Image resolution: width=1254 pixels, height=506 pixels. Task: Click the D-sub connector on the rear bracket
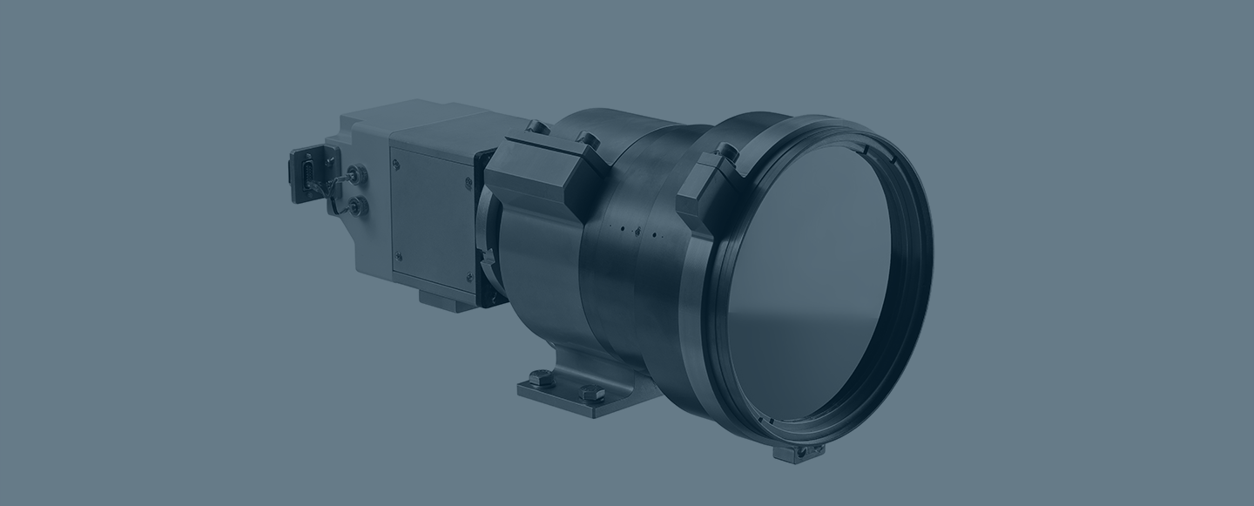pyautogui.click(x=307, y=175)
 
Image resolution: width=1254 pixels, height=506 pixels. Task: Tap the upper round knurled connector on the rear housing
pyautogui.click(x=355, y=175)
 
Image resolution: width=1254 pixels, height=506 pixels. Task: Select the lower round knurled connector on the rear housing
pyautogui.click(x=356, y=206)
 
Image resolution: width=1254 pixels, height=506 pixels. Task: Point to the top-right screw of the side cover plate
pyautogui.click(x=469, y=184)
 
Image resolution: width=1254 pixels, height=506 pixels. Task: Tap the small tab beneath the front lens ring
pyautogui.click(x=798, y=452)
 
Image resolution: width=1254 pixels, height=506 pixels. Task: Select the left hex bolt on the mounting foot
pyautogui.click(x=541, y=378)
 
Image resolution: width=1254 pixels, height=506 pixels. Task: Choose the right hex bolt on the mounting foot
pyautogui.click(x=593, y=393)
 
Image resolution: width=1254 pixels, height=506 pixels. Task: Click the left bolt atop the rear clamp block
pyautogui.click(x=537, y=127)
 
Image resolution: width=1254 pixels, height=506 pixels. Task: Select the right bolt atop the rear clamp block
pyautogui.click(x=588, y=139)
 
